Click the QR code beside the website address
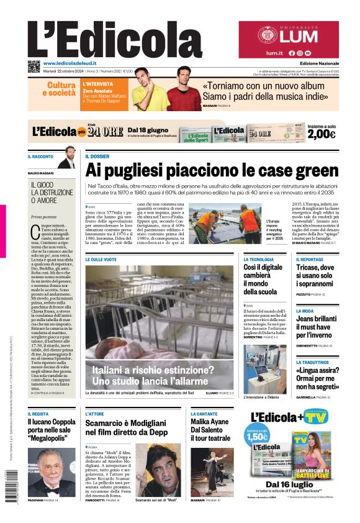(x=34, y=66)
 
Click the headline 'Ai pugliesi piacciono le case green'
(x=212, y=170)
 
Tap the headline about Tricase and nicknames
(x=318, y=275)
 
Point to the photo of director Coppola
(x=52, y=471)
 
